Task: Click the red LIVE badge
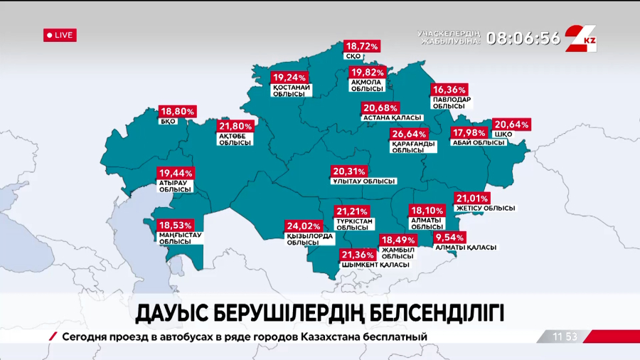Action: pyautogui.click(x=60, y=35)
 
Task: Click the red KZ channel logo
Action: pyautogui.click(x=582, y=38)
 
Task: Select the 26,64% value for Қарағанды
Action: pyautogui.click(x=410, y=134)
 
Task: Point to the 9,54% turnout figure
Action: pyautogui.click(x=450, y=237)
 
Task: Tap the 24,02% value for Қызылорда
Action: pyautogui.click(x=305, y=226)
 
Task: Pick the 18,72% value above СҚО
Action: pyautogui.click(x=362, y=46)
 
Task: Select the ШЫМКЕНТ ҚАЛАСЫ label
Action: pyautogui.click(x=375, y=265)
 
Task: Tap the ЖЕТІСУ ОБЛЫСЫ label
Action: pyautogui.click(x=485, y=208)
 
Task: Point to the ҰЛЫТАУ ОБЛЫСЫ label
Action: pyautogui.click(x=363, y=181)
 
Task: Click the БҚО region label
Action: pyautogui.click(x=168, y=122)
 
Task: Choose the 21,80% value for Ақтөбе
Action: pyautogui.click(x=235, y=125)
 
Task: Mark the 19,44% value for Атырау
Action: pyautogui.click(x=176, y=173)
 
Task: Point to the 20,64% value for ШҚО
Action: pyautogui.click(x=511, y=125)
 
